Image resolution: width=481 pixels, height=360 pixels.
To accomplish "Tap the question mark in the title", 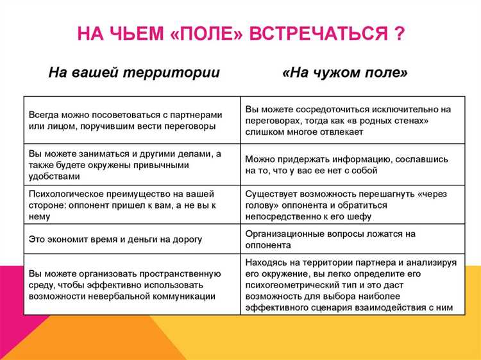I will click(398, 33).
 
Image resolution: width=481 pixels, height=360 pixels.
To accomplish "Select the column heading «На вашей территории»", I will click(134, 73).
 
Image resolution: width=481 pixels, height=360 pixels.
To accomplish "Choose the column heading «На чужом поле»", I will click(345, 73).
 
